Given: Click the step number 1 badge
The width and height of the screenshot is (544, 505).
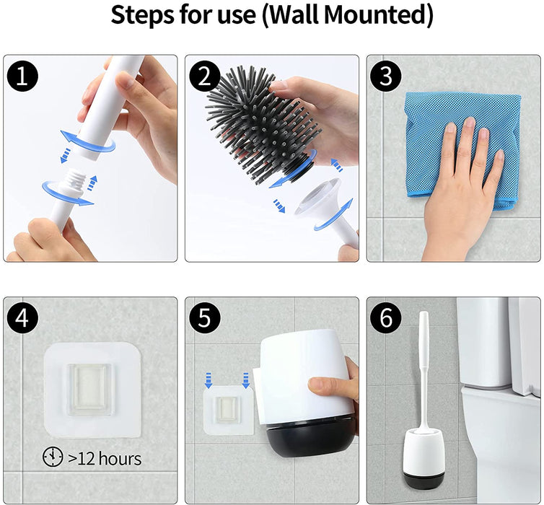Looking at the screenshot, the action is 22,76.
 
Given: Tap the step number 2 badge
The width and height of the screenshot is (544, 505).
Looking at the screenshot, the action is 204,76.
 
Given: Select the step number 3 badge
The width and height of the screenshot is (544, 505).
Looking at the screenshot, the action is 386,76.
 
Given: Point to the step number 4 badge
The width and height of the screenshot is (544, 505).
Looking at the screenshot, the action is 22,317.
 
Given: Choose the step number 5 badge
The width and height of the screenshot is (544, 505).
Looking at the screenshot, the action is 204,317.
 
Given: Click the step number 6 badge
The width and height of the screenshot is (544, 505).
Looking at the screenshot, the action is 386,317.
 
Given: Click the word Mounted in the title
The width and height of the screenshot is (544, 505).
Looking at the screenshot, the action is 377,15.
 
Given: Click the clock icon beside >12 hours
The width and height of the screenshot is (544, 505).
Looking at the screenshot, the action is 53,457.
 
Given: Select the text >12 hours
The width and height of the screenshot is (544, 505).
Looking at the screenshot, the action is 105,458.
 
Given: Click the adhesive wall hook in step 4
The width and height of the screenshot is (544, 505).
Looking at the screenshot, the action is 92,390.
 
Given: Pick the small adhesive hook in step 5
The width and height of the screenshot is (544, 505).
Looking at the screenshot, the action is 229,410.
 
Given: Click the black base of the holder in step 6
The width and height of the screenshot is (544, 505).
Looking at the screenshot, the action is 424,479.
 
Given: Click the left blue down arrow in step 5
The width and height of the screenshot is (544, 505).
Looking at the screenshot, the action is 209,380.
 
